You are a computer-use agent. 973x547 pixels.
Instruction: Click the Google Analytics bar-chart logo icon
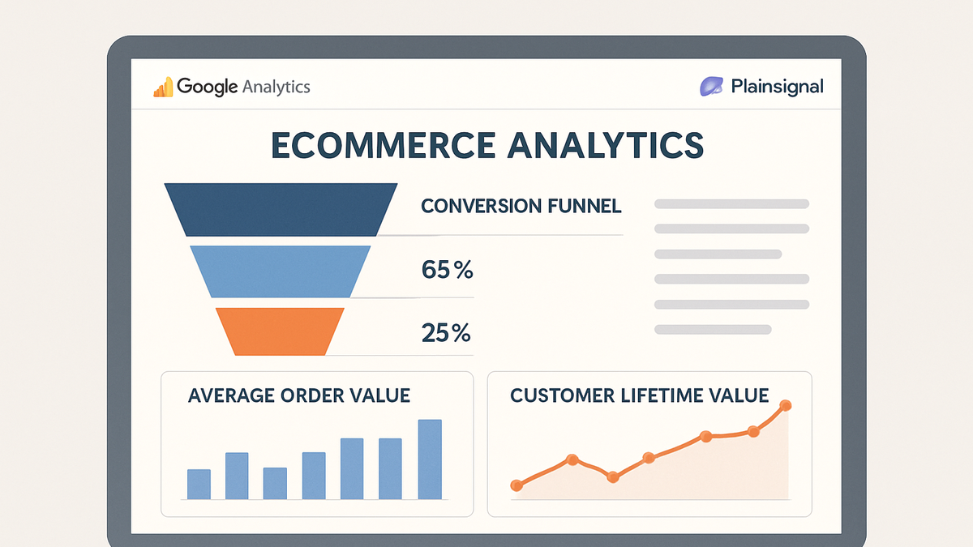click(x=163, y=87)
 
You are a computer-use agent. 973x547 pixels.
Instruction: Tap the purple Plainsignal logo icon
click(x=711, y=86)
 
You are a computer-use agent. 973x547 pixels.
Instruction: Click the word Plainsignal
click(x=777, y=87)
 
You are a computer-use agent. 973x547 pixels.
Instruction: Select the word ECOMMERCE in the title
click(x=383, y=145)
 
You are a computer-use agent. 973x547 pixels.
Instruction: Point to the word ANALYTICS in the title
click(x=606, y=145)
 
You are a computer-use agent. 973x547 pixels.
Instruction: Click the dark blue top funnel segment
click(x=281, y=210)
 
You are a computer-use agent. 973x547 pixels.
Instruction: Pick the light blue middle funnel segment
click(x=281, y=271)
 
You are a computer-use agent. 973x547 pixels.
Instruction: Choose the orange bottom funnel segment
click(x=281, y=331)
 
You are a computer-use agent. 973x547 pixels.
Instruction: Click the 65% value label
click(x=447, y=270)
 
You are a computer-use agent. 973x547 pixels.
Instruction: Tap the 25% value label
click(x=446, y=333)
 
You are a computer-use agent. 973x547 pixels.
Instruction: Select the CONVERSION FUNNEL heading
click(x=521, y=206)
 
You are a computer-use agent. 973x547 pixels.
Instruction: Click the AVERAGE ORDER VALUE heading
click(x=299, y=395)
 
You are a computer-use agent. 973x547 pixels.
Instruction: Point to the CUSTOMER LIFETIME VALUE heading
click(x=640, y=395)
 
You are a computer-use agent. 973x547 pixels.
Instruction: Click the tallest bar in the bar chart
click(x=430, y=459)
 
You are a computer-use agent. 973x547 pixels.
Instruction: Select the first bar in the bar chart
click(x=199, y=485)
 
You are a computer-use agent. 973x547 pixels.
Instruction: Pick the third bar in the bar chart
click(x=275, y=484)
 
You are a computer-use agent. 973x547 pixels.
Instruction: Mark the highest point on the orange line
click(x=786, y=405)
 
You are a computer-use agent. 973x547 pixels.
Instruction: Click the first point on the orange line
click(x=517, y=485)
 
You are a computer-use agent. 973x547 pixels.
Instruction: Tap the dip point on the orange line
click(x=613, y=477)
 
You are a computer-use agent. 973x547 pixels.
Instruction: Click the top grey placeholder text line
click(x=732, y=204)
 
